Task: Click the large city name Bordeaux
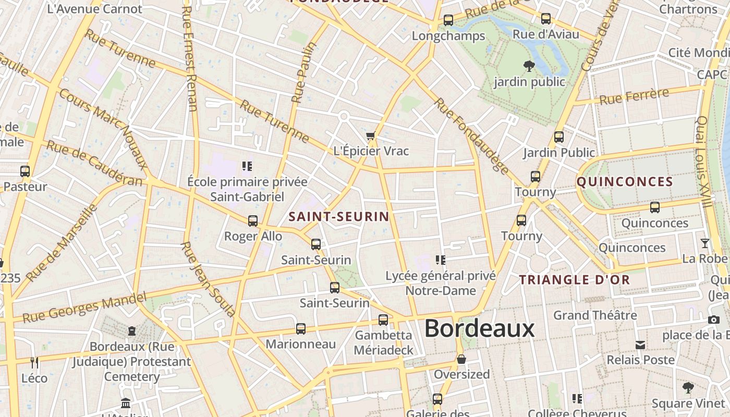(x=479, y=328)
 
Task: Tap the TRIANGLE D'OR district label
(x=575, y=279)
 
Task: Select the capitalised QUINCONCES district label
(x=625, y=181)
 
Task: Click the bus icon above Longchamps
(x=448, y=20)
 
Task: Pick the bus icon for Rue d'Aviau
(x=546, y=19)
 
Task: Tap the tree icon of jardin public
(x=529, y=66)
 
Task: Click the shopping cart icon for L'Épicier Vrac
(x=370, y=136)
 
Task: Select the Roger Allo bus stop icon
(x=253, y=221)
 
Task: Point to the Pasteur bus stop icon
(x=25, y=171)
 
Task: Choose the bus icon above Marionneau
(x=301, y=329)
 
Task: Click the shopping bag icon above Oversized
(x=461, y=359)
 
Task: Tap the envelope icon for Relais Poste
(x=640, y=345)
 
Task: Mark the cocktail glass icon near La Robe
(x=704, y=243)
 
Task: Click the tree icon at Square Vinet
(x=688, y=388)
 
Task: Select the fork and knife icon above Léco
(x=34, y=362)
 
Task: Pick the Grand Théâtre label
(x=595, y=315)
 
